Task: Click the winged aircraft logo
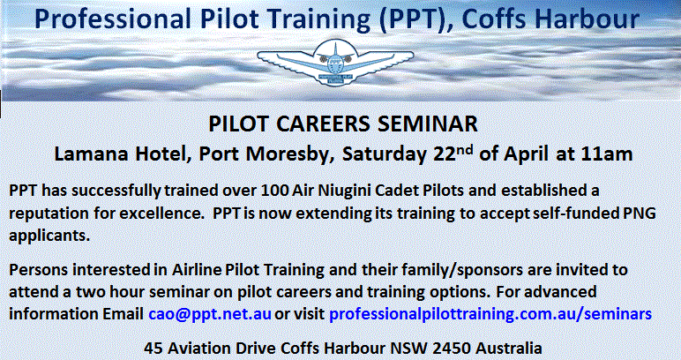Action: click(x=335, y=62)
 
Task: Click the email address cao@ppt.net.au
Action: click(x=210, y=313)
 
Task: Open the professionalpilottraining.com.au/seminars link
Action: click(x=490, y=314)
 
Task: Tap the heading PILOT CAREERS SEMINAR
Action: click(x=343, y=124)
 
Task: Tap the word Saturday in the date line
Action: click(x=384, y=154)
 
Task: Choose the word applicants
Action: click(x=49, y=236)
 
